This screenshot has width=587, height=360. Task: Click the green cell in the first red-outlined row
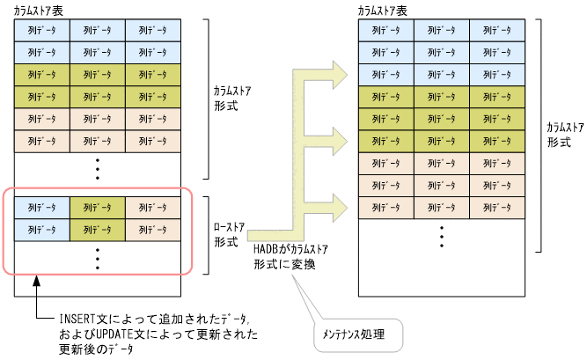coord(98,207)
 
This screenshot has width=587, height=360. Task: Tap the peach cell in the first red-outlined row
coord(153,207)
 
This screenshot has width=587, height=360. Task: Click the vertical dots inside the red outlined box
coord(98,256)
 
